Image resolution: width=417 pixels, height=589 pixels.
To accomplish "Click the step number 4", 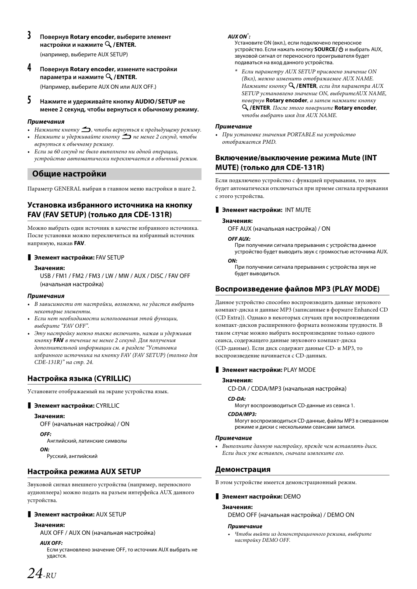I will tap(29, 68).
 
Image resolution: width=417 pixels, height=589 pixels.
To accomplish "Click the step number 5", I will tap(29, 100).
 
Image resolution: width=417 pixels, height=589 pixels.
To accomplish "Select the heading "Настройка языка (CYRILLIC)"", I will tap(79, 378).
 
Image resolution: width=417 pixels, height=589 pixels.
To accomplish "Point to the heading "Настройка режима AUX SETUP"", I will tap(84, 471).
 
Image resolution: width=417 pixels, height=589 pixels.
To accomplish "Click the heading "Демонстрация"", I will tap(243, 469).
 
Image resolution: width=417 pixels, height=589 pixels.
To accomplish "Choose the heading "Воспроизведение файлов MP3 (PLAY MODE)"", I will tap(297, 289).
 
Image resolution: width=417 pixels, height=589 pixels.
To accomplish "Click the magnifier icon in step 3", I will tap(108, 45).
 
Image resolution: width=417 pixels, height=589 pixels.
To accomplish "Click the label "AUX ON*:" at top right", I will tap(239, 37).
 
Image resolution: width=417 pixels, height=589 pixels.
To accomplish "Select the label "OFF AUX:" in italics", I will tap(239, 239).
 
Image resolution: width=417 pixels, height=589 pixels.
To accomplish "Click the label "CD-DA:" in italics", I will tap(236, 399).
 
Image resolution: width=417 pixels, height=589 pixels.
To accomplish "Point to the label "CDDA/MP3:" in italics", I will tap(242, 414).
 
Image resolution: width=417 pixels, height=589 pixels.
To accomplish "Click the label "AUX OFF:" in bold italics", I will tap(51, 543).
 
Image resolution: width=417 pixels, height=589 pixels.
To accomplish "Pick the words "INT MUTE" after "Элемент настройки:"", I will tap(298, 210).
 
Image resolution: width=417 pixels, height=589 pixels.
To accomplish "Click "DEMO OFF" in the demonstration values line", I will tap(242, 515).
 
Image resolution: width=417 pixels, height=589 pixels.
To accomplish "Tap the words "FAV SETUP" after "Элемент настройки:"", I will tap(110, 258).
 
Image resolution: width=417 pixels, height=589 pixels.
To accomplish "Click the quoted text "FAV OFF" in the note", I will tap(76, 326).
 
